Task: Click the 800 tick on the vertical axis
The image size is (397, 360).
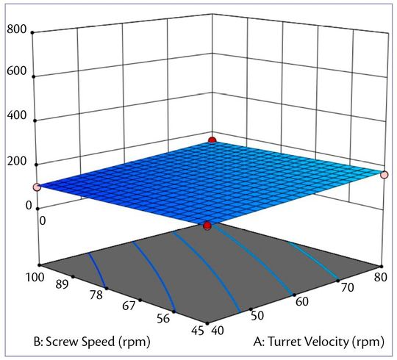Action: click(x=18, y=30)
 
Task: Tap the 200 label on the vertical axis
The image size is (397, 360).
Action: click(x=18, y=162)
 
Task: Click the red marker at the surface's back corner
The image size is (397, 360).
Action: click(x=212, y=140)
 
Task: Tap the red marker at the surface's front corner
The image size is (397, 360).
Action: click(x=208, y=226)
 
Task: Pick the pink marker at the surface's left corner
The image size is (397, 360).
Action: click(x=37, y=187)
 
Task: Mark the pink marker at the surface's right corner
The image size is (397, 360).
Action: click(x=384, y=174)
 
